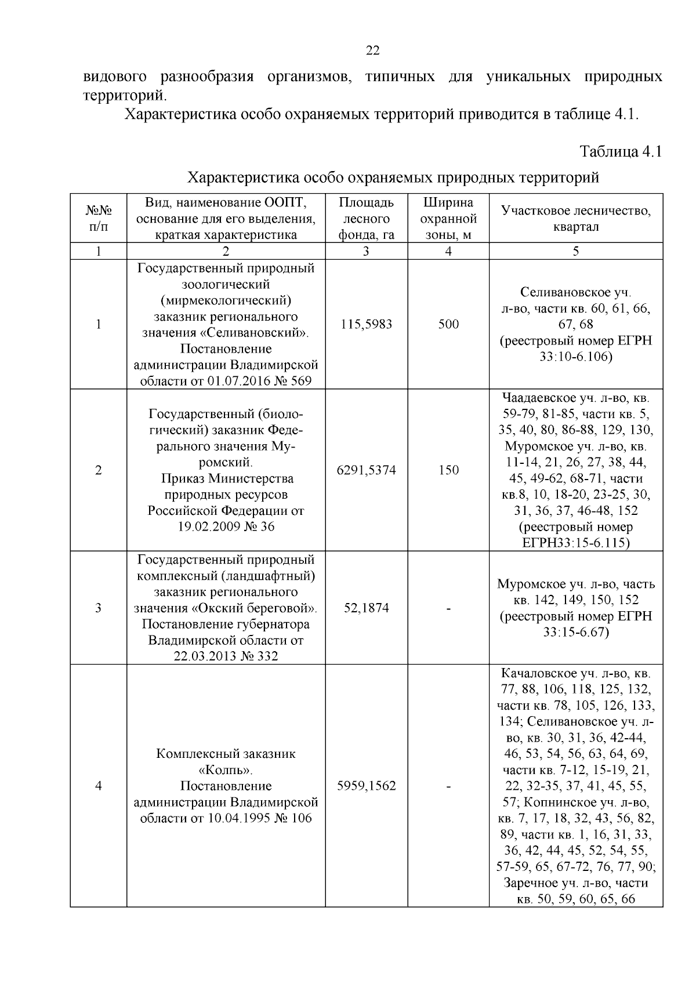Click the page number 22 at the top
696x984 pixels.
click(x=372, y=51)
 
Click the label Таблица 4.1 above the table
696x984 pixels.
click(x=621, y=152)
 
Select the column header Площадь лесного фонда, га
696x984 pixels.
click(x=366, y=219)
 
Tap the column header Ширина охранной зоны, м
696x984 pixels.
click(x=448, y=219)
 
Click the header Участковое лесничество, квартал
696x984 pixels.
click(x=575, y=219)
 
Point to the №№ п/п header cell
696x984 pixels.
click(x=98, y=219)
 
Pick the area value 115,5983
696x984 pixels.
click(x=366, y=324)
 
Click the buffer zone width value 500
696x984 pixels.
click(x=448, y=324)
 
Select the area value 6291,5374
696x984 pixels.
click(x=366, y=470)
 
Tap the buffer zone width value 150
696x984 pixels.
click(x=448, y=470)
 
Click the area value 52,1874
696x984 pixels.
click(x=366, y=608)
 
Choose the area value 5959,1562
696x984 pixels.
click(x=366, y=786)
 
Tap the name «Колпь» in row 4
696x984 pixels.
click(x=226, y=770)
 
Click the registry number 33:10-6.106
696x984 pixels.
click(x=575, y=357)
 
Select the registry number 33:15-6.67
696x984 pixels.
click(x=575, y=632)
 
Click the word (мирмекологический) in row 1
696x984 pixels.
click(x=226, y=301)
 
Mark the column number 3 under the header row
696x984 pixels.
click(x=366, y=251)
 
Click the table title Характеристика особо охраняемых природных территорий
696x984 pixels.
click(x=394, y=177)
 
